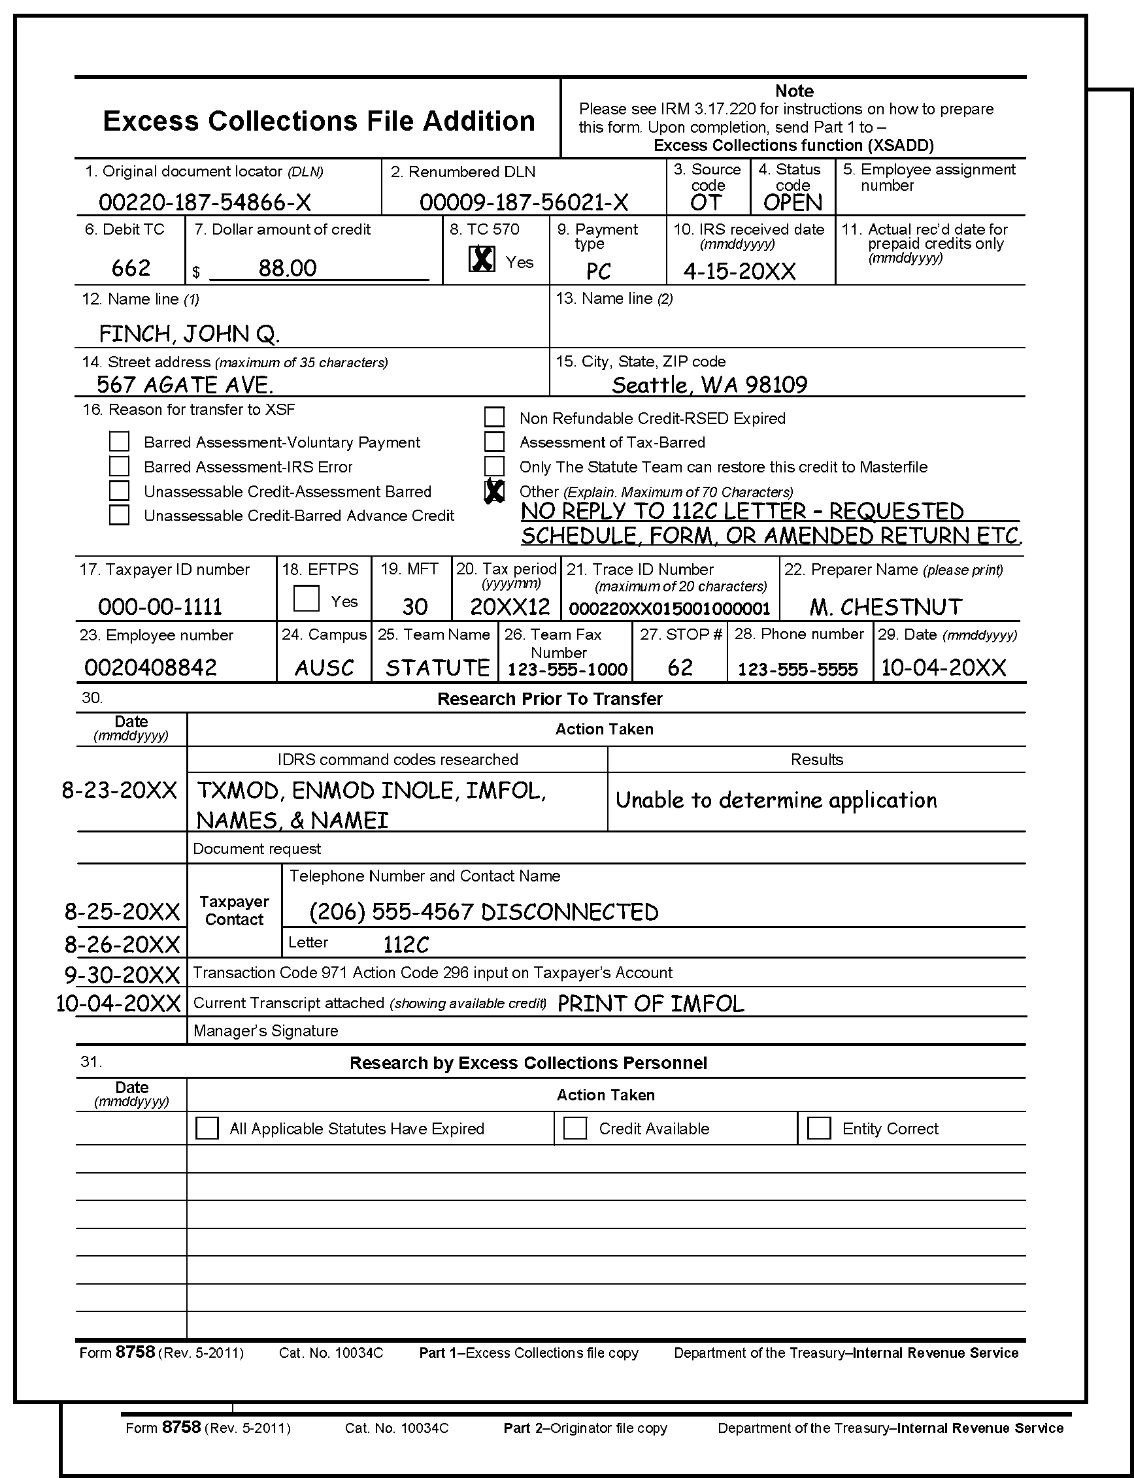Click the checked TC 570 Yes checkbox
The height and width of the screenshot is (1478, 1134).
coord(481,259)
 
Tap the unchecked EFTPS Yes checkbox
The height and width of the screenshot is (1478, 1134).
coord(307,598)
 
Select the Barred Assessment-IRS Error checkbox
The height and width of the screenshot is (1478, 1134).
coord(120,467)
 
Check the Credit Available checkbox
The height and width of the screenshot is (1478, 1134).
coord(575,1128)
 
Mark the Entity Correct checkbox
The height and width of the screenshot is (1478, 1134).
coord(819,1128)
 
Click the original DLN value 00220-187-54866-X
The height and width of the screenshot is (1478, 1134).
coord(205,202)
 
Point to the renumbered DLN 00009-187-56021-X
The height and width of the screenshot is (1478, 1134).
coord(524,202)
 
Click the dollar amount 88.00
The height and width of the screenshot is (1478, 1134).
coord(288,268)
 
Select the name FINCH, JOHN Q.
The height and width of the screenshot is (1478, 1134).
coord(189,333)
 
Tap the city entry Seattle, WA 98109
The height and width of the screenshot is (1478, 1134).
coord(709,385)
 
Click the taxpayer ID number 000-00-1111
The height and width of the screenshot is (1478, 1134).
coord(160,607)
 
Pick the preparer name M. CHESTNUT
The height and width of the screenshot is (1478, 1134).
coord(886,607)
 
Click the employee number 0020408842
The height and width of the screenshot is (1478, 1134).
coord(150,668)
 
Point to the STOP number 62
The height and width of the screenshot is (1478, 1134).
coord(680,668)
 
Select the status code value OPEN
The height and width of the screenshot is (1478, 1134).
coord(792,203)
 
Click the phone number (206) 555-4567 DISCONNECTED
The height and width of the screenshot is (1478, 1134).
coord(483,911)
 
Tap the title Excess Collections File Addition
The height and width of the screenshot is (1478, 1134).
coord(318,121)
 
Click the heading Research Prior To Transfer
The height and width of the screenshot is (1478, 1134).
coord(550,698)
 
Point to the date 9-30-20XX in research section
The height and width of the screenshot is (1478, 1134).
coord(122,974)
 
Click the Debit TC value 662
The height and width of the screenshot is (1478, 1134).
coord(130,268)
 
